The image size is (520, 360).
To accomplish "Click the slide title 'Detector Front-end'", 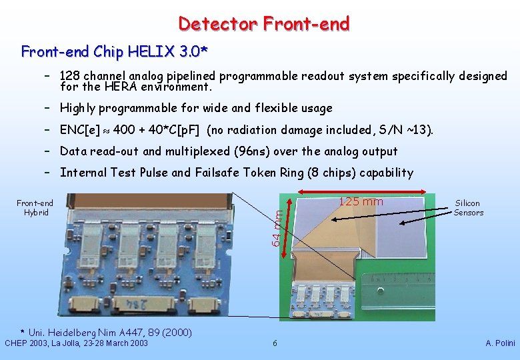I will [263, 24].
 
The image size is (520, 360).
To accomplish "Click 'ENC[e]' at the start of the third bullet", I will [80, 130].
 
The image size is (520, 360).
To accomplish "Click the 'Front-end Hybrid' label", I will [35, 208].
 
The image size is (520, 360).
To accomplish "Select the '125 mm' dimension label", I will [361, 202].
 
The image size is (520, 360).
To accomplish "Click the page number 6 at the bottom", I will [275, 343].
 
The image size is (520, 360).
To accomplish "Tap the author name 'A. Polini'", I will [499, 343].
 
